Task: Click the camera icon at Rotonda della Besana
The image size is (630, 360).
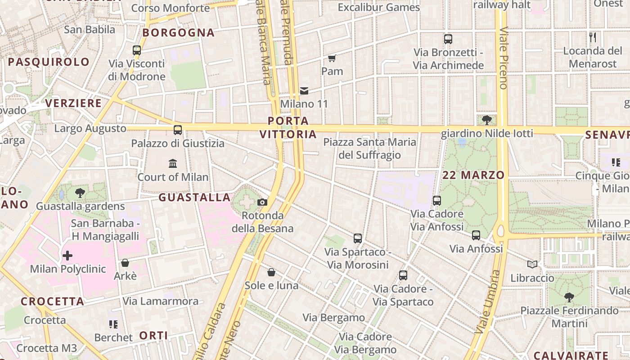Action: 262,202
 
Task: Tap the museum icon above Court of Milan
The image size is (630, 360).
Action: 173,163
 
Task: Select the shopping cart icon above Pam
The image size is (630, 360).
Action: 332,58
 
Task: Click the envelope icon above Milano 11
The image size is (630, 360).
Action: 304,91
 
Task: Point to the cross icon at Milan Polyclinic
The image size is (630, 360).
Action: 67,256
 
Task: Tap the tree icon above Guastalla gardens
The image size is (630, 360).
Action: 80,193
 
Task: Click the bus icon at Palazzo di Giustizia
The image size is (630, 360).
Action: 178,130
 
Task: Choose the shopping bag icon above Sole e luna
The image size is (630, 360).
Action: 271,272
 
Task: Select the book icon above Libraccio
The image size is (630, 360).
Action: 532,265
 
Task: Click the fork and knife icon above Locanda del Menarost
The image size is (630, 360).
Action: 593,37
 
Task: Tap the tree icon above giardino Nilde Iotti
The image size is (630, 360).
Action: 486,120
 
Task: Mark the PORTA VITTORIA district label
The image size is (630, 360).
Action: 288,127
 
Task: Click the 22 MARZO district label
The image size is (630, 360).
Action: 473,175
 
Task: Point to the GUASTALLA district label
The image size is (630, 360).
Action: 194,197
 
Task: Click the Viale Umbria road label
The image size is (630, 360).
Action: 488,301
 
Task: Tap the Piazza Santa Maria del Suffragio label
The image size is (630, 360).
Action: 370,149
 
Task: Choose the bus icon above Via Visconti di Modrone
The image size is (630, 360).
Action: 137,50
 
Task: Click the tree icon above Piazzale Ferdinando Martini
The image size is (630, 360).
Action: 569,297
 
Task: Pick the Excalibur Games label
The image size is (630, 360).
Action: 379,7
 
